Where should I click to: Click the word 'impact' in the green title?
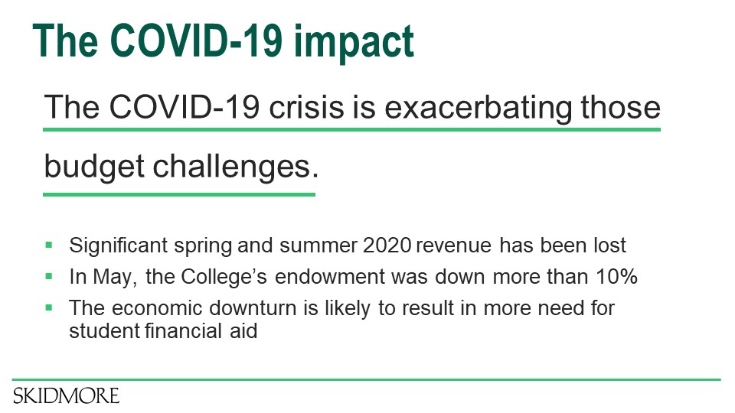(354, 42)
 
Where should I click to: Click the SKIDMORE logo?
(66, 396)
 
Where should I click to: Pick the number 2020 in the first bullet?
(387, 246)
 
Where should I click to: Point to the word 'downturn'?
(253, 308)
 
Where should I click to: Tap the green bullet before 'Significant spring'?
(49, 245)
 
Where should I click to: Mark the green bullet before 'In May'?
(49, 276)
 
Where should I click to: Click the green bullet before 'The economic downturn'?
(49, 307)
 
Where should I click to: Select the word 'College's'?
(224, 277)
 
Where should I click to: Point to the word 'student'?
(105, 331)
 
